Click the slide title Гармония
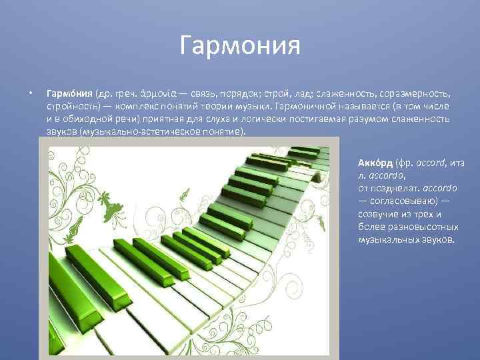point(240,47)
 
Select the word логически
point(249,119)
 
